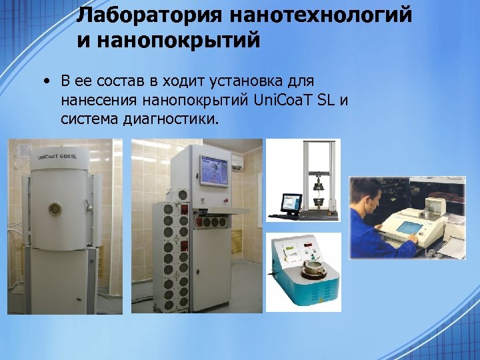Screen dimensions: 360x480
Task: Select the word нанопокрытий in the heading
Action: pyautogui.click(x=168, y=41)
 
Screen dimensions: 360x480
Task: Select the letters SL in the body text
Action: pyautogui.click(x=324, y=101)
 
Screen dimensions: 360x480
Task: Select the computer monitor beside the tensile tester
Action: pyautogui.click(x=291, y=202)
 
